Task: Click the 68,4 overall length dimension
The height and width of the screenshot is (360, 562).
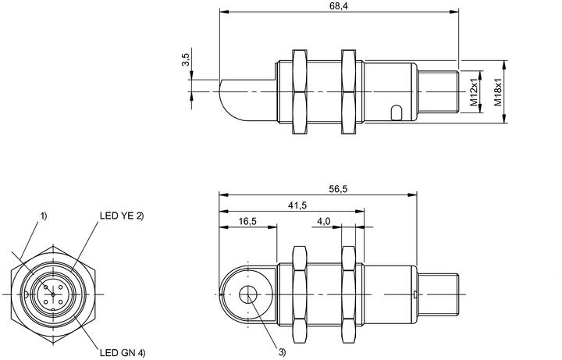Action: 339,6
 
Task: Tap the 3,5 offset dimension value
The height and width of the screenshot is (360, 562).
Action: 186,59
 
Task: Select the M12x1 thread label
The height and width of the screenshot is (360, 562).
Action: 474,92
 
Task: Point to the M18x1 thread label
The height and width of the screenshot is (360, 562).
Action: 498,92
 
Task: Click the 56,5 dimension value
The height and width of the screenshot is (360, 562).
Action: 338,189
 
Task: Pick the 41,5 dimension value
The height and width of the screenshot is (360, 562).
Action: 297,205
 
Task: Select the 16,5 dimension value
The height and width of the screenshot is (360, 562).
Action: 247,221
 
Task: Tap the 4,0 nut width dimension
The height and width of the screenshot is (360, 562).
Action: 323,221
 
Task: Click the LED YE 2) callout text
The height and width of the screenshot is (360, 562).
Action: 122,216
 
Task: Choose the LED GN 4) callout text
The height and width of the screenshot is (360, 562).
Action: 123,353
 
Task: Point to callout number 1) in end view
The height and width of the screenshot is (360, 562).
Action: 44,216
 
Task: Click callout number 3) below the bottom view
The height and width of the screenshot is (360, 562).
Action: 282,352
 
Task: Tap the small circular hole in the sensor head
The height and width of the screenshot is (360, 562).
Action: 248,294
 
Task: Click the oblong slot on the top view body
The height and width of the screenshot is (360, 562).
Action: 397,112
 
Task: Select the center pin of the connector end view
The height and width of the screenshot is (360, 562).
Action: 53,294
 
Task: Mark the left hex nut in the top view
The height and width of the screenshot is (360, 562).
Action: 300,92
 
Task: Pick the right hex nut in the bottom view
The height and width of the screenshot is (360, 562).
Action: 348,294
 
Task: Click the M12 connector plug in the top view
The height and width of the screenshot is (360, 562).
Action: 439,92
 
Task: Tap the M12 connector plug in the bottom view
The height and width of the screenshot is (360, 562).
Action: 439,294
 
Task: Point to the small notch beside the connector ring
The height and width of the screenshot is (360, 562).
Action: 27,294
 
